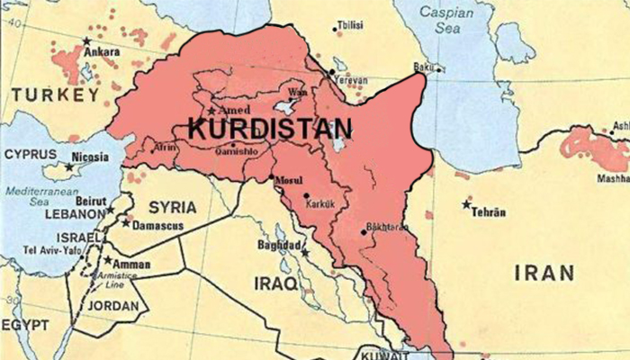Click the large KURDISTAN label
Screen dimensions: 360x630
point(270,128)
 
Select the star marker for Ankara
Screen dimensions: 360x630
point(87,41)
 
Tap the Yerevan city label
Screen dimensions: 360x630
point(352,79)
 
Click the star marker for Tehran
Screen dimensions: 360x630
point(466,204)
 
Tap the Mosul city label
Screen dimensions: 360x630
point(285,180)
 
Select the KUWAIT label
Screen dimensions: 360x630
point(379,354)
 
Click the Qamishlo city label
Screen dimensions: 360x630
point(235,151)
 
